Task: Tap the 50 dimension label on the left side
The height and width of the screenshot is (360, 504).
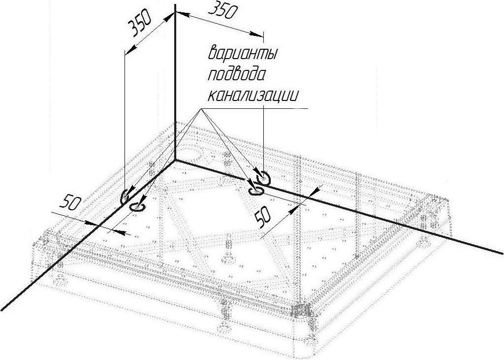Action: [x=70, y=203]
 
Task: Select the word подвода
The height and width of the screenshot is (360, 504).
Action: [x=237, y=75]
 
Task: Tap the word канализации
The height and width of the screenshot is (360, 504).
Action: [x=253, y=96]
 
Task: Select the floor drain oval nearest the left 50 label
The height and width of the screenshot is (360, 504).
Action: [x=137, y=207]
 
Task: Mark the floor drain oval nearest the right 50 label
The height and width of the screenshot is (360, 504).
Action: [x=256, y=192]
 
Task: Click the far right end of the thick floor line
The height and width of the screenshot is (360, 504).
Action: [x=503, y=253]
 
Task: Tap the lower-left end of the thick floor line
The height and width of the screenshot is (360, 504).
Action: [x=1, y=310]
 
